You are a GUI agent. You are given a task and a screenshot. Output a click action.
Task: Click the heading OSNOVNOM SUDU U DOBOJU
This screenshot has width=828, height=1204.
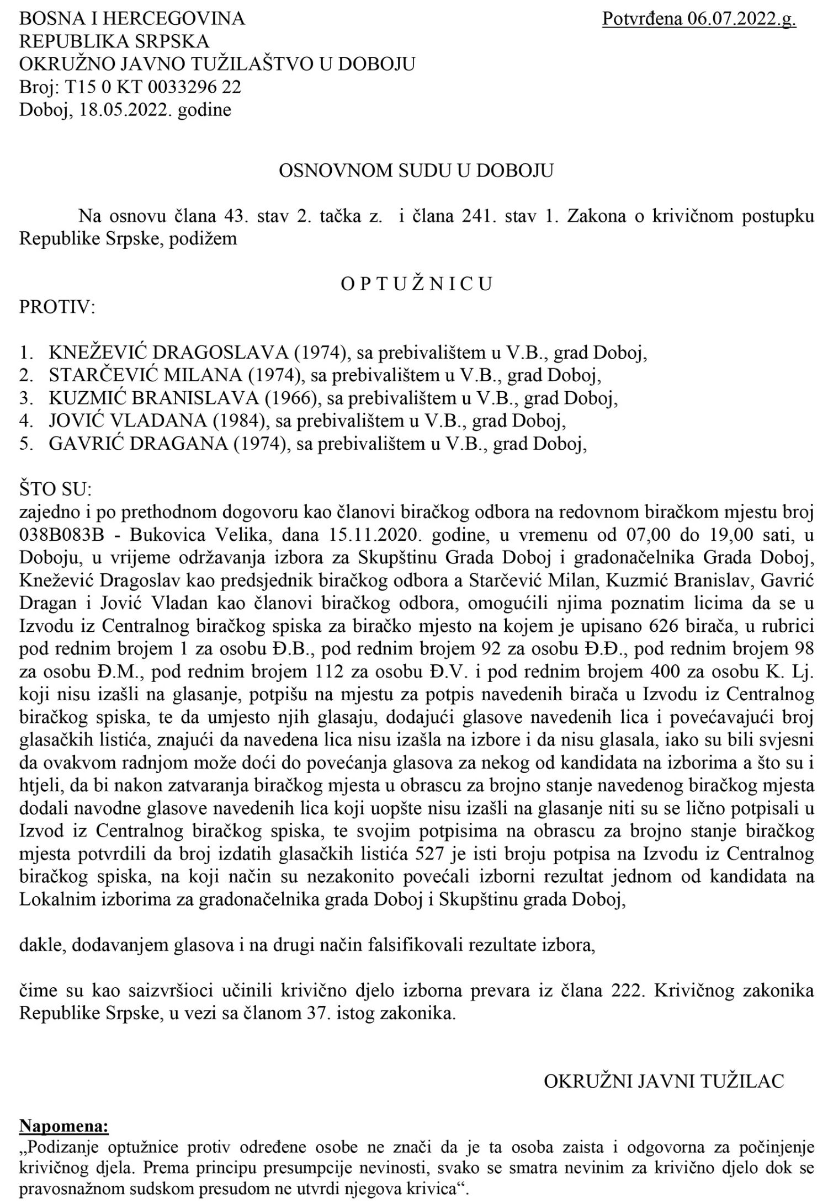click(x=416, y=171)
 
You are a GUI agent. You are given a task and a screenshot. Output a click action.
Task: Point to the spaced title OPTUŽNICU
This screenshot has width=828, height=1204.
click(x=416, y=284)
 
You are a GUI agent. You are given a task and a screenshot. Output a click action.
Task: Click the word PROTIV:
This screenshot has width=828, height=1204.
click(x=57, y=307)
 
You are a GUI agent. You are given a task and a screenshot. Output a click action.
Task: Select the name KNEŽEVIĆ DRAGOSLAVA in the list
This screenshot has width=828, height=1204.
click(x=137, y=353)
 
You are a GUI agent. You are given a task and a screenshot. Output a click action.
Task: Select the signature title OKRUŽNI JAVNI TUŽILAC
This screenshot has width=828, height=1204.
click(x=664, y=1082)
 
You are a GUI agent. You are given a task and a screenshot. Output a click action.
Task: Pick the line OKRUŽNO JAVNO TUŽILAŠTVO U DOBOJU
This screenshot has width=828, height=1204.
click(x=217, y=65)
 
